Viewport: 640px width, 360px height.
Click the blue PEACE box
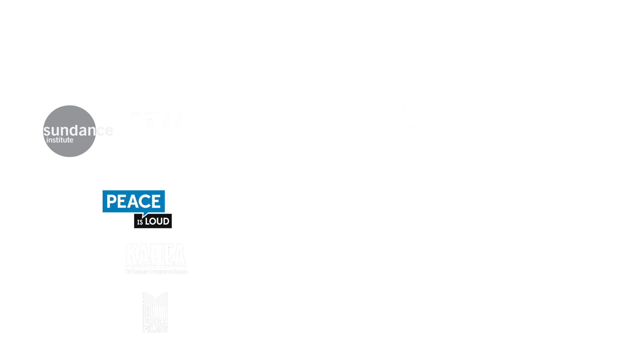coord(133,201)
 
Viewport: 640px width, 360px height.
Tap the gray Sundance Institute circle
coord(70,131)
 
